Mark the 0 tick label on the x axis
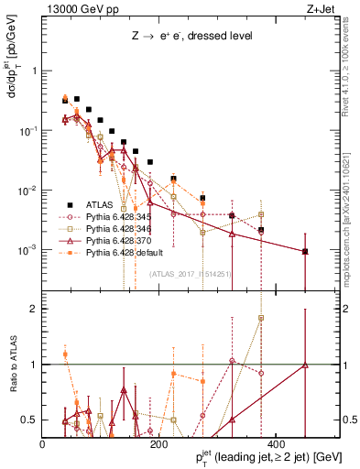pos(43,443)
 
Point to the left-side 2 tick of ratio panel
pos(35,309)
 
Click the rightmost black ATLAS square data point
pos(305,251)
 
